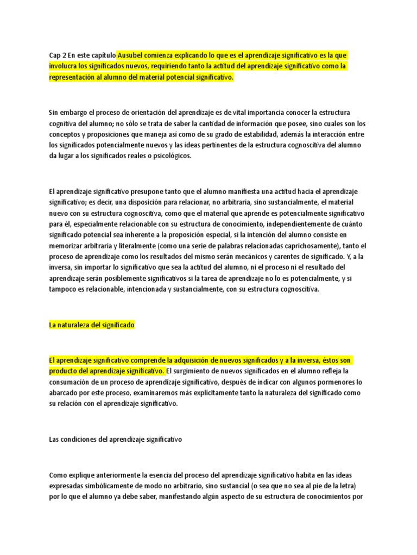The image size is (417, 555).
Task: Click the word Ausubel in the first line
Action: coord(131,55)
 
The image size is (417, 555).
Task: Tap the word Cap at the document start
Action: coord(55,55)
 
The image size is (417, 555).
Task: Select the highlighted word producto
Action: coord(64,371)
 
